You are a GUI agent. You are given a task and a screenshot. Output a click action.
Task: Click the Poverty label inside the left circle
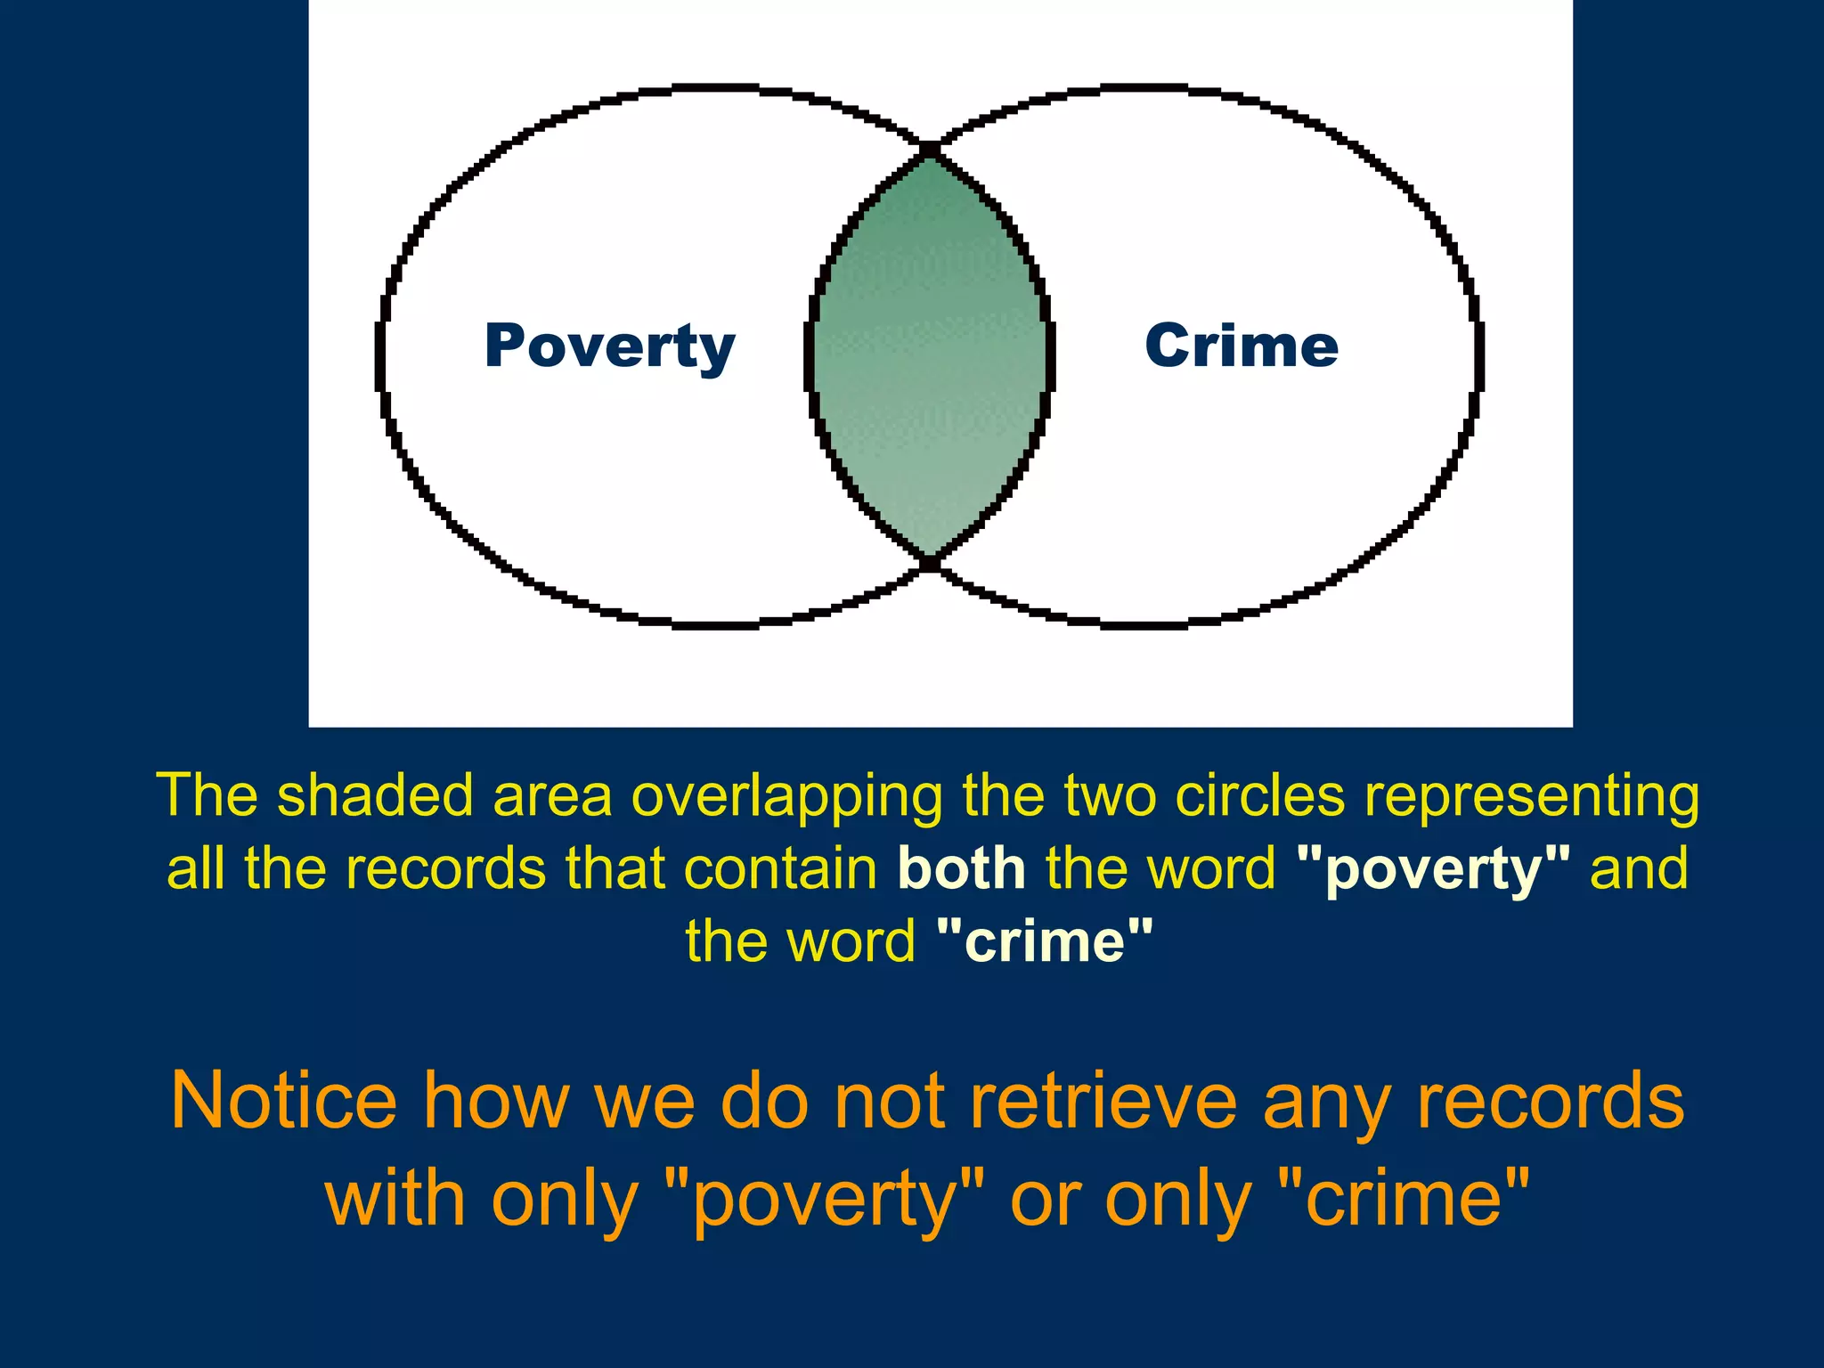pos(609,346)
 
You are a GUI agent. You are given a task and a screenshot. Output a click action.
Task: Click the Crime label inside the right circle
pos(1242,346)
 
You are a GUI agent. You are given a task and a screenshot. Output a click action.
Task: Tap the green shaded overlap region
pos(930,356)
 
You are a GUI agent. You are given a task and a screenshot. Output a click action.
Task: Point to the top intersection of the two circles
pos(930,149)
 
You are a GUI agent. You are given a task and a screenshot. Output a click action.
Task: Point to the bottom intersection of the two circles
pos(930,563)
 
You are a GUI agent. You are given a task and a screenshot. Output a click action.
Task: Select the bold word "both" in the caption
pos(961,868)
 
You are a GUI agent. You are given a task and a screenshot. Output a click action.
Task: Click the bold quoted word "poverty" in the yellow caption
pos(1434,868)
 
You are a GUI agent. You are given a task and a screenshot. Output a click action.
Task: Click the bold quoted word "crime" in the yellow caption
pos(1046,941)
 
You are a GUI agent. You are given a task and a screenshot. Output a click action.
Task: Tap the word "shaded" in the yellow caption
pos(375,795)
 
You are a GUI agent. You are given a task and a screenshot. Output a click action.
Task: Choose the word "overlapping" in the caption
pos(786,795)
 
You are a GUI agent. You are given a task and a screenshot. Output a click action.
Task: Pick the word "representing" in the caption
pos(1532,795)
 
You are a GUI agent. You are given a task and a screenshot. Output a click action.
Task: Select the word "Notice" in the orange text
pos(283,1101)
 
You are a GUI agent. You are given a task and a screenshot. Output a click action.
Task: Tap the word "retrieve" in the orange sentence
pos(1103,1101)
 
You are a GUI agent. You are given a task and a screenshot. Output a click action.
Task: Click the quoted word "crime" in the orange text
pos(1404,1199)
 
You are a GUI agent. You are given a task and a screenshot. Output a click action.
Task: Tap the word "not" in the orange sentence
pos(890,1101)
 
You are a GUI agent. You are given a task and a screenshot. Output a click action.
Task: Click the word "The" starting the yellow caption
pos(206,795)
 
